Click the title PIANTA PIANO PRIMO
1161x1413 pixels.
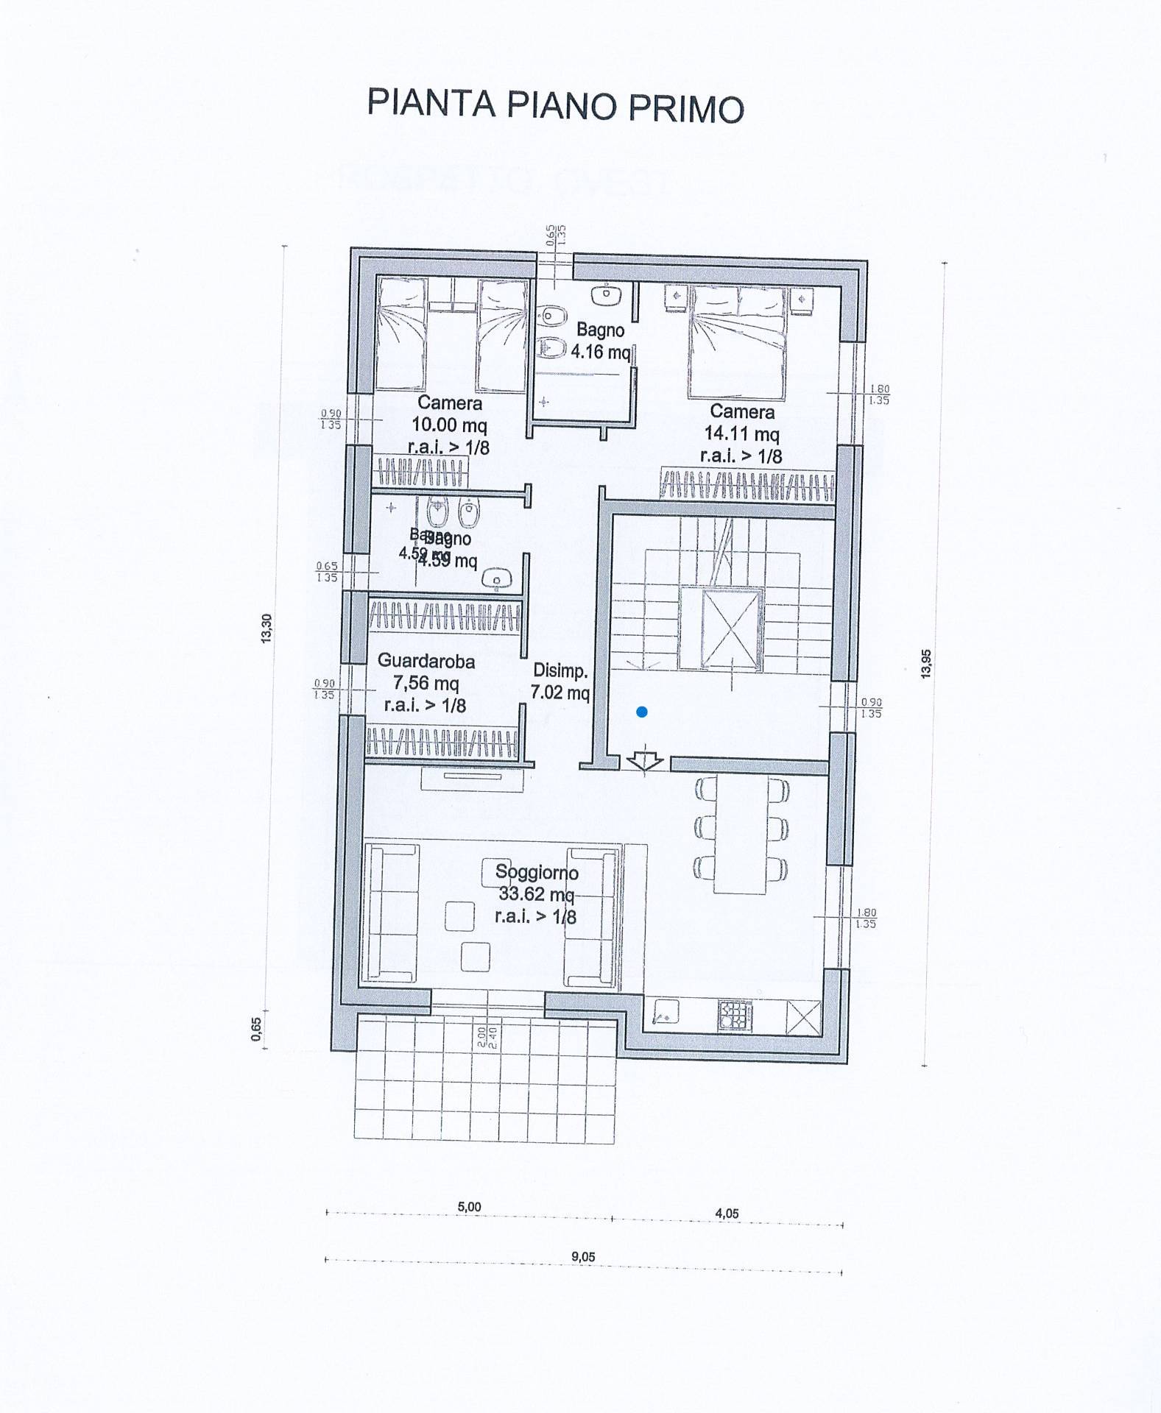point(555,105)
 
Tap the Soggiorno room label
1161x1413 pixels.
point(537,872)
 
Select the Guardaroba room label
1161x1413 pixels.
point(426,661)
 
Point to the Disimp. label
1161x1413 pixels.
point(560,670)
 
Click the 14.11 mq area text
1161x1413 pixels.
point(741,434)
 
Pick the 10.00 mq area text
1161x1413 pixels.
point(449,425)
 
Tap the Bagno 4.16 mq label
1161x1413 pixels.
point(601,341)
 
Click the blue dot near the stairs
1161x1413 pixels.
point(642,712)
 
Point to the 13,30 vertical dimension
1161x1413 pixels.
point(267,628)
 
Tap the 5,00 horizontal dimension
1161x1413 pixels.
point(469,1207)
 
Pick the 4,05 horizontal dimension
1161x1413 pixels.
point(727,1214)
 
